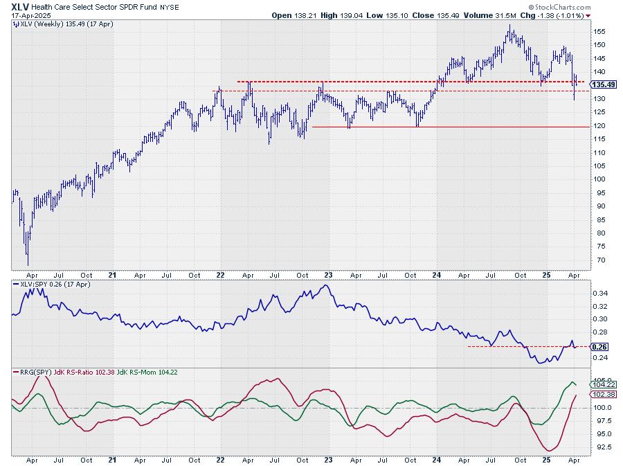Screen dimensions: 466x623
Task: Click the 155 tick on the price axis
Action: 600,31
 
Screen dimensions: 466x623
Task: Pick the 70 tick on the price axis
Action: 598,260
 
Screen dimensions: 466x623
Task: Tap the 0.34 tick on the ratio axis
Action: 601,293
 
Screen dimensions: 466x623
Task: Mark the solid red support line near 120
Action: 450,127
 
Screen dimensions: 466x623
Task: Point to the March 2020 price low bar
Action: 28,262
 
